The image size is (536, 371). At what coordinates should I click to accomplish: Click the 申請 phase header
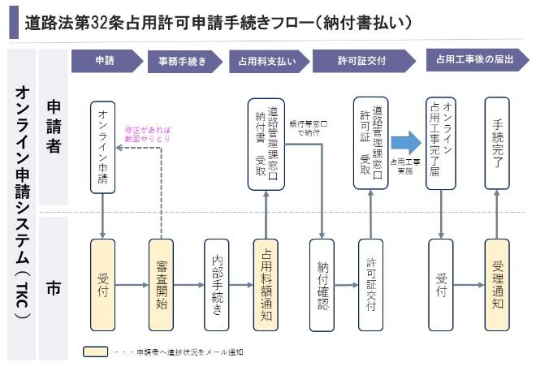104,61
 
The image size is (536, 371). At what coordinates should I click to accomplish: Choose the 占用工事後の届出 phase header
475,61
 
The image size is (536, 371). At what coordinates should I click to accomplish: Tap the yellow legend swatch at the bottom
95,352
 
